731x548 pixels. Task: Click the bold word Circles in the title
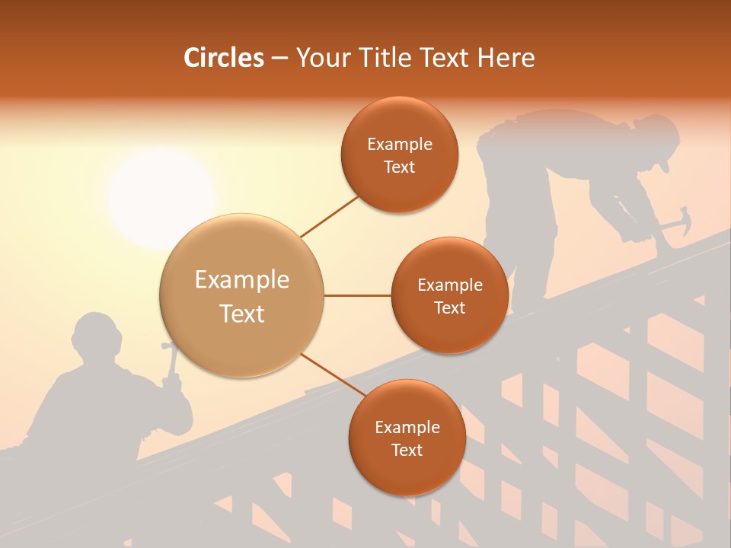pyautogui.click(x=223, y=58)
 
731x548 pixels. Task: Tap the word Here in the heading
pyautogui.click(x=506, y=58)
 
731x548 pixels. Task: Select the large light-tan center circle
pyautogui.click(x=241, y=295)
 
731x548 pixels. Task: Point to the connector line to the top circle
pyautogui.click(x=329, y=215)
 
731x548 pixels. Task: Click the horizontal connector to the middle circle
pyautogui.click(x=357, y=295)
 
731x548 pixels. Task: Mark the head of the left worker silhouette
pyautogui.click(x=97, y=335)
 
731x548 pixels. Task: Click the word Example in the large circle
pyautogui.click(x=241, y=280)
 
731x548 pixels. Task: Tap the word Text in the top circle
pyautogui.click(x=399, y=167)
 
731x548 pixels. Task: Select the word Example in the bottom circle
pyautogui.click(x=407, y=427)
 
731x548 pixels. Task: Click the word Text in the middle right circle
pyautogui.click(x=449, y=308)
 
